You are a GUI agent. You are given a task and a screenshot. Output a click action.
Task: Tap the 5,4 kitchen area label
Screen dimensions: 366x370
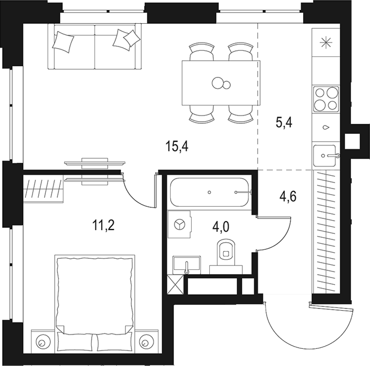click(283, 122)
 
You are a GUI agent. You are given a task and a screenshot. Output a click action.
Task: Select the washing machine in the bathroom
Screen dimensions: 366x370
click(179, 224)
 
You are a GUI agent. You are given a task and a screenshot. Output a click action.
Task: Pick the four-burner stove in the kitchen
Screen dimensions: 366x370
click(326, 99)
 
